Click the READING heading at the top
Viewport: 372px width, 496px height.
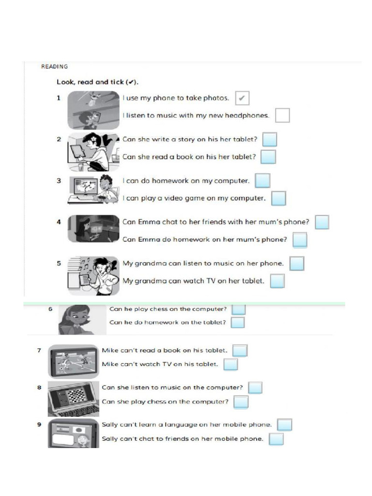point(54,67)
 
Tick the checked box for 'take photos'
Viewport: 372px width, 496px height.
point(242,98)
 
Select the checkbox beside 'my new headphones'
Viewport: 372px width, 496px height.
point(282,115)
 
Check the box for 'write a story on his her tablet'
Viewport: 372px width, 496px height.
point(269,139)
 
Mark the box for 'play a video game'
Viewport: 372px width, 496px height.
point(279,198)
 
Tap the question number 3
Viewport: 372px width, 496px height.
point(59,181)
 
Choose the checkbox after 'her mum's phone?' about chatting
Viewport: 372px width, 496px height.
point(322,222)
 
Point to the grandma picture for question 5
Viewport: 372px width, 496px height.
point(93,276)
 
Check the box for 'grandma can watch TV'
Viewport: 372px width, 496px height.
point(277,281)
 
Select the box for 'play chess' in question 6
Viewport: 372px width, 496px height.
point(239,309)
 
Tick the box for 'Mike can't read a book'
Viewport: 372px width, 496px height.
point(240,350)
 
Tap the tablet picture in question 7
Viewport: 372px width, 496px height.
point(73,361)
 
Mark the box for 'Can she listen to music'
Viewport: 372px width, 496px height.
point(255,387)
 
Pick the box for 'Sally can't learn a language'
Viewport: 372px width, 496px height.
point(284,425)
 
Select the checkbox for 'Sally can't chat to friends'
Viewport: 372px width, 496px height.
point(276,439)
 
